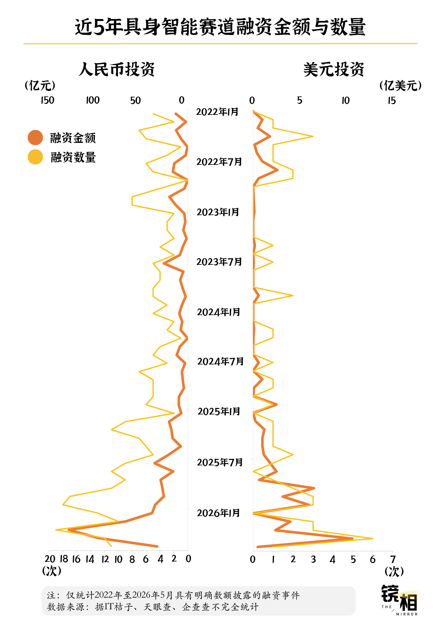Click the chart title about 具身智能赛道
pyautogui.click(x=220, y=26)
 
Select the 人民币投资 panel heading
pyautogui.click(x=117, y=69)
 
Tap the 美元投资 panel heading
pyautogui.click(x=334, y=69)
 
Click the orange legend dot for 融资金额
pyautogui.click(x=36, y=138)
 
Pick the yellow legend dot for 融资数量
pyautogui.click(x=36, y=157)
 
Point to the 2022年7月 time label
pyautogui.click(x=219, y=162)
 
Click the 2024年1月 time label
pyautogui.click(x=219, y=312)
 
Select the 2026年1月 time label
pyautogui.click(x=219, y=513)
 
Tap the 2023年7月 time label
pyautogui.click(x=219, y=262)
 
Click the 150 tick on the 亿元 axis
pyautogui.click(x=47, y=100)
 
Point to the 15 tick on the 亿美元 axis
pyautogui.click(x=392, y=101)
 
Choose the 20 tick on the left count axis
pyautogui.click(x=50, y=559)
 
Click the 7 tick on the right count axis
pyautogui.click(x=393, y=559)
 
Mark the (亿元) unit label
pyautogui.click(x=40, y=85)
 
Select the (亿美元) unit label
pyautogui.click(x=401, y=85)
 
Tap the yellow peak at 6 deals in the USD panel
pyautogui.click(x=373, y=538)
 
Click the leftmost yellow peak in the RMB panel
pyautogui.click(x=56, y=530)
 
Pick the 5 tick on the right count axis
pyautogui.click(x=353, y=559)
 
